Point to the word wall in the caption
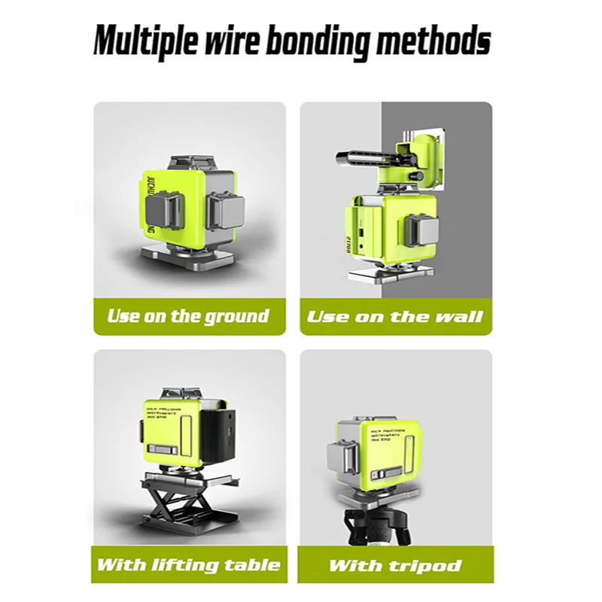click(457, 317)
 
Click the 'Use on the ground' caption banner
click(189, 316)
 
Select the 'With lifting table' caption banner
click(189, 564)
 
